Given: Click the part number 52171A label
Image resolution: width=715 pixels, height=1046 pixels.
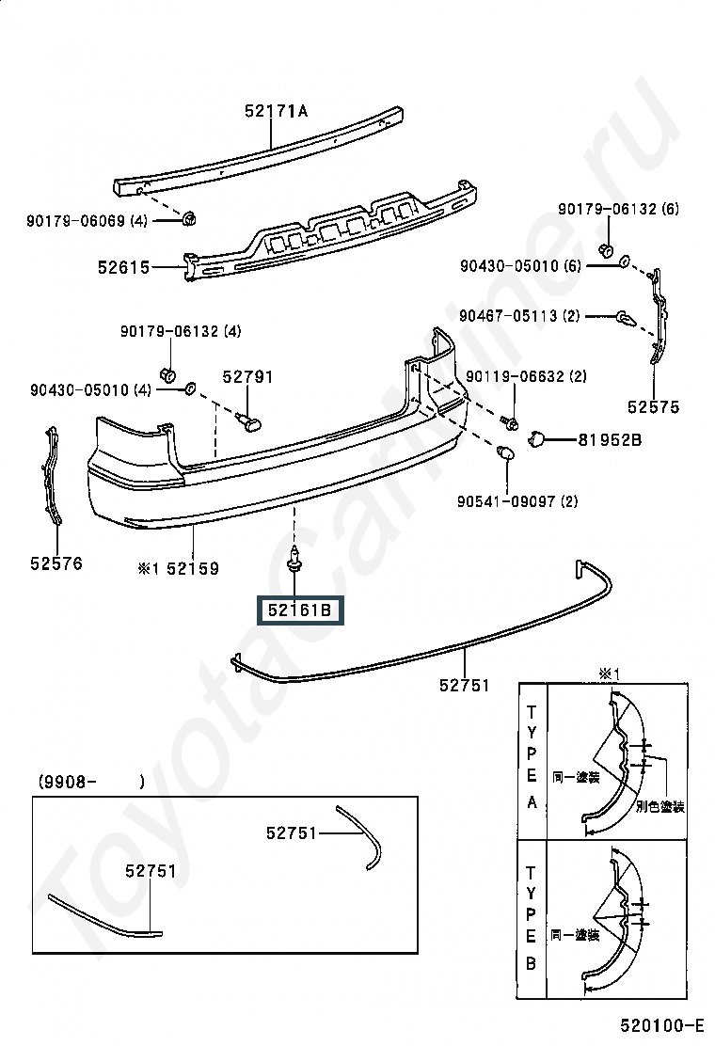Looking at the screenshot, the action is [x=277, y=111].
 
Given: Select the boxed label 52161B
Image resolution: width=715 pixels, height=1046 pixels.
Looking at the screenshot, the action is [x=300, y=610].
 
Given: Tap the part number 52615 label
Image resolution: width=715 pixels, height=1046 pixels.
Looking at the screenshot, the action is [x=124, y=267].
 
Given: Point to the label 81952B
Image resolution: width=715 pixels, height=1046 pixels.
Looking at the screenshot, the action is [x=610, y=440].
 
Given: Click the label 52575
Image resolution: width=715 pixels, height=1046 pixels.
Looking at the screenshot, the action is [x=654, y=407].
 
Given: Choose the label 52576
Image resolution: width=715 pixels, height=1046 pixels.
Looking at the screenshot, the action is [x=56, y=563].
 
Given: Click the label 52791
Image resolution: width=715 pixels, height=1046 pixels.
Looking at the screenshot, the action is [x=248, y=377].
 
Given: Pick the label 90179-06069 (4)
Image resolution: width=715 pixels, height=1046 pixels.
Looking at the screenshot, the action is [x=87, y=221].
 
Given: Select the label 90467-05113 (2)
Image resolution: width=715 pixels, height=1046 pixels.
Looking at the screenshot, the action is [x=519, y=315].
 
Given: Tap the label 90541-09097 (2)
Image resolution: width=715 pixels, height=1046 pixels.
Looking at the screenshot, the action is [x=517, y=501].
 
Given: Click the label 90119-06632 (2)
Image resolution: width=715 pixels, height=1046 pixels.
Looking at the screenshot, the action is [x=526, y=376].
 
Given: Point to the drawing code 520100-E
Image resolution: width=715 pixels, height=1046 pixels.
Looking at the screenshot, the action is [x=662, y=1024].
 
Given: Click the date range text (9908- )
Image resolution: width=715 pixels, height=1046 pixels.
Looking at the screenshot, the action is [x=91, y=781].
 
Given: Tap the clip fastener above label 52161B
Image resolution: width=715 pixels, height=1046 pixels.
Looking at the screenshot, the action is [x=293, y=559].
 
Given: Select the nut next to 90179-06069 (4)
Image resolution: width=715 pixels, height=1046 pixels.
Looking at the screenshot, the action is [x=189, y=217].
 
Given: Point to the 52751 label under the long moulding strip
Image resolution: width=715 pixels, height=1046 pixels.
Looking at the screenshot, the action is [x=465, y=685].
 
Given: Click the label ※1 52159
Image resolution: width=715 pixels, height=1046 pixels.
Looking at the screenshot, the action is [x=178, y=568].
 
